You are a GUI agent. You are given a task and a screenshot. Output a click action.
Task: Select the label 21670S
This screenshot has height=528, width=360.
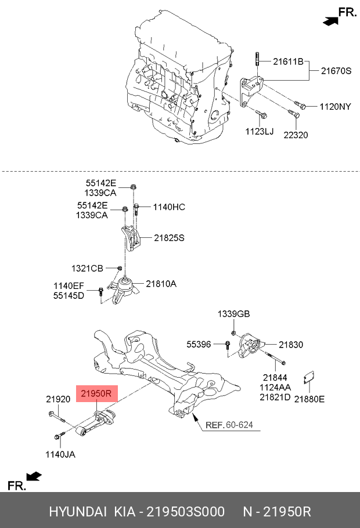336,71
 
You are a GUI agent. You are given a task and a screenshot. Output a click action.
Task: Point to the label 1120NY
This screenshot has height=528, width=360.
335,106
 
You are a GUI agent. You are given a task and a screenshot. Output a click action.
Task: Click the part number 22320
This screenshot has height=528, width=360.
296,135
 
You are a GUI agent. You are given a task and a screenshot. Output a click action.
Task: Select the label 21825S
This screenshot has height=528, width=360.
170,237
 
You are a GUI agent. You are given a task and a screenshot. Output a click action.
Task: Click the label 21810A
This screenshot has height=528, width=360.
161,284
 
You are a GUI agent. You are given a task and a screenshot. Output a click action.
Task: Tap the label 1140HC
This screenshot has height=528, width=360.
169,207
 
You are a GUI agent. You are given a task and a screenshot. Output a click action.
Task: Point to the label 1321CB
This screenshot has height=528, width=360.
87,268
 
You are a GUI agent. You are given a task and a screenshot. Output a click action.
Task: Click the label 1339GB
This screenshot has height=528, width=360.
233,314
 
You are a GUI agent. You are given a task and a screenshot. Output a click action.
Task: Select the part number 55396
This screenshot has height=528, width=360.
199,344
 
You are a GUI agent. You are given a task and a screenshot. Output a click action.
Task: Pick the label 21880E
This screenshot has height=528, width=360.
309,399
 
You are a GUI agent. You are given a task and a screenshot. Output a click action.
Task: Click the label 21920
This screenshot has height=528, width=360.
58,399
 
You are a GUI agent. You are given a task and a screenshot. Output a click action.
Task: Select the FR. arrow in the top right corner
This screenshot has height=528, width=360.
339,15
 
